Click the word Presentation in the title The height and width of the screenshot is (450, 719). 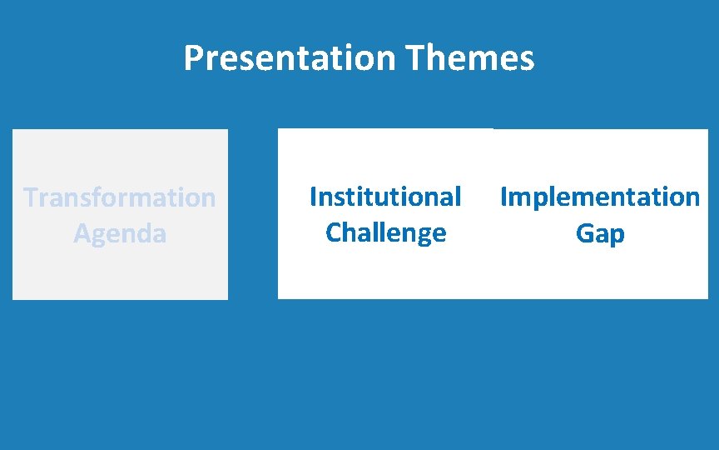[289, 58]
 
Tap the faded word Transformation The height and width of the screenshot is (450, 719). [120, 197]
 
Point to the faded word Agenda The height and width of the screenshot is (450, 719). [120, 233]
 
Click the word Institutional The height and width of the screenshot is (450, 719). [385, 197]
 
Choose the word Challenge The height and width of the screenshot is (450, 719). [385, 232]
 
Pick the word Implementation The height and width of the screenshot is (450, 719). [600, 197]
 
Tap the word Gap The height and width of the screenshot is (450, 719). [600, 233]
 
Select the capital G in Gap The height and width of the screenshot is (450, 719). [584, 233]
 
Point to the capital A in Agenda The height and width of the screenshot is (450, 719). [82, 233]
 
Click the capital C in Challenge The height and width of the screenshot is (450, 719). [334, 232]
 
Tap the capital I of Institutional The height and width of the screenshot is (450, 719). [313, 197]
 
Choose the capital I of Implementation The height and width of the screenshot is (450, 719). [503, 197]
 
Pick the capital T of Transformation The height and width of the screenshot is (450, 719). [31, 197]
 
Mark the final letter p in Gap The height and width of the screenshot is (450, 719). [617, 236]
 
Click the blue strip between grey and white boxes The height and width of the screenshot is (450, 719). [252, 214]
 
